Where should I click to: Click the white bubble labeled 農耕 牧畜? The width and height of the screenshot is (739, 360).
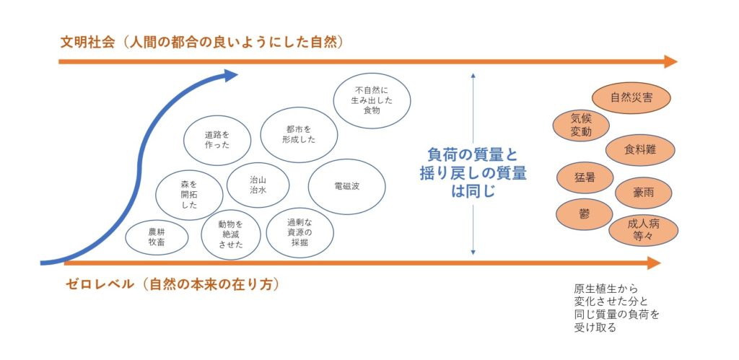click(157, 238)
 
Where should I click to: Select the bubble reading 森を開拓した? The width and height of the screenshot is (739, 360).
click(189, 195)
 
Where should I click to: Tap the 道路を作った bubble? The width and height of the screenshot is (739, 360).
click(217, 141)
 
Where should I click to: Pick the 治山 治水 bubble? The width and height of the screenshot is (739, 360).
click(258, 185)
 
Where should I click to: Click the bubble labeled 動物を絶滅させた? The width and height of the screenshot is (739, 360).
click(230, 234)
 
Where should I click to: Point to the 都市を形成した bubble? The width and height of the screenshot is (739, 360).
click(299, 135)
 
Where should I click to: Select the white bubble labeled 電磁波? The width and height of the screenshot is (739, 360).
click(347, 187)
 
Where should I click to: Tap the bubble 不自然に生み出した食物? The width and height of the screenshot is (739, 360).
click(372, 101)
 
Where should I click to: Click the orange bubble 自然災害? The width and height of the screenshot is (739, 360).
click(631, 99)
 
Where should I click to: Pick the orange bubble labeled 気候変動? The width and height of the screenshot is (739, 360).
click(581, 126)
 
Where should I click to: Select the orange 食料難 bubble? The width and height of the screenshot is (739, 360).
click(640, 150)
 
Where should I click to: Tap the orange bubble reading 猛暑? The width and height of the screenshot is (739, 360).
click(585, 177)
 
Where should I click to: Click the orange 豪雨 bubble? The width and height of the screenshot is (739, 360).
click(643, 193)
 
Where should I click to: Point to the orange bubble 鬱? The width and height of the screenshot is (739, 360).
click(585, 214)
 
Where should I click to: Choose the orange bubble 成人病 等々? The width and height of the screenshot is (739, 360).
click(643, 230)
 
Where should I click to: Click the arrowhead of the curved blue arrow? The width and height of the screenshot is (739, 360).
click(230, 76)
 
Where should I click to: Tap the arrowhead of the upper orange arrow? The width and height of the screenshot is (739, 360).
click(670, 61)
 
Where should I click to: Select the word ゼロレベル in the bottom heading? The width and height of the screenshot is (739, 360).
click(100, 284)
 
